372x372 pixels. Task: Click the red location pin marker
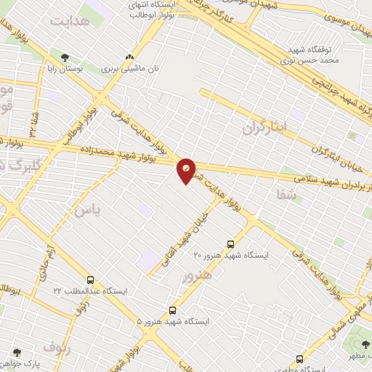(x=187, y=170)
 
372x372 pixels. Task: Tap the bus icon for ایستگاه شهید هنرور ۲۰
(x=231, y=245)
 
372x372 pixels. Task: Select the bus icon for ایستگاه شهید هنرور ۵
(x=172, y=310)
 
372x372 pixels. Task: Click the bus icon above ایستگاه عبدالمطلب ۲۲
(x=91, y=280)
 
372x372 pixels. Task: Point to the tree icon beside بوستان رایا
(x=66, y=57)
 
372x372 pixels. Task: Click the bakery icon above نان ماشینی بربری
(x=130, y=57)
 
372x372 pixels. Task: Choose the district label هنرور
(x=198, y=277)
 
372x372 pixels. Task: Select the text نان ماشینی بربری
(x=130, y=68)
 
